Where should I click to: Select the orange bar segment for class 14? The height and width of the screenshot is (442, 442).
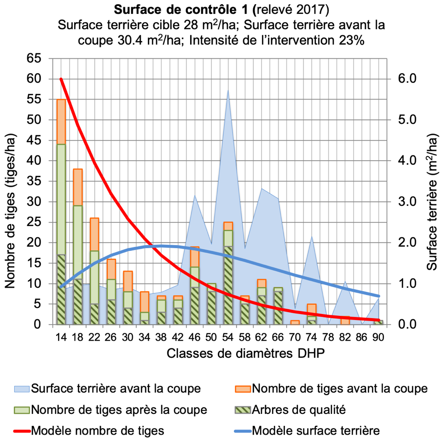61,122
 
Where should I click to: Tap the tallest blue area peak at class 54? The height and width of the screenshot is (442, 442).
228,92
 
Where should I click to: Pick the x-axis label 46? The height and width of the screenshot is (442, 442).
195,337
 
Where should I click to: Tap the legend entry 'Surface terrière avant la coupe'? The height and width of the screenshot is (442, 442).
116,388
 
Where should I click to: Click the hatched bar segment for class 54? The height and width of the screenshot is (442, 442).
228,285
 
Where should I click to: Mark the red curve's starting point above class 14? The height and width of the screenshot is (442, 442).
61,79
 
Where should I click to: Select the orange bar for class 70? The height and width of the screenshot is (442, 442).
295,322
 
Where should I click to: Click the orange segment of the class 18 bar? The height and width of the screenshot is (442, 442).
78,187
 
